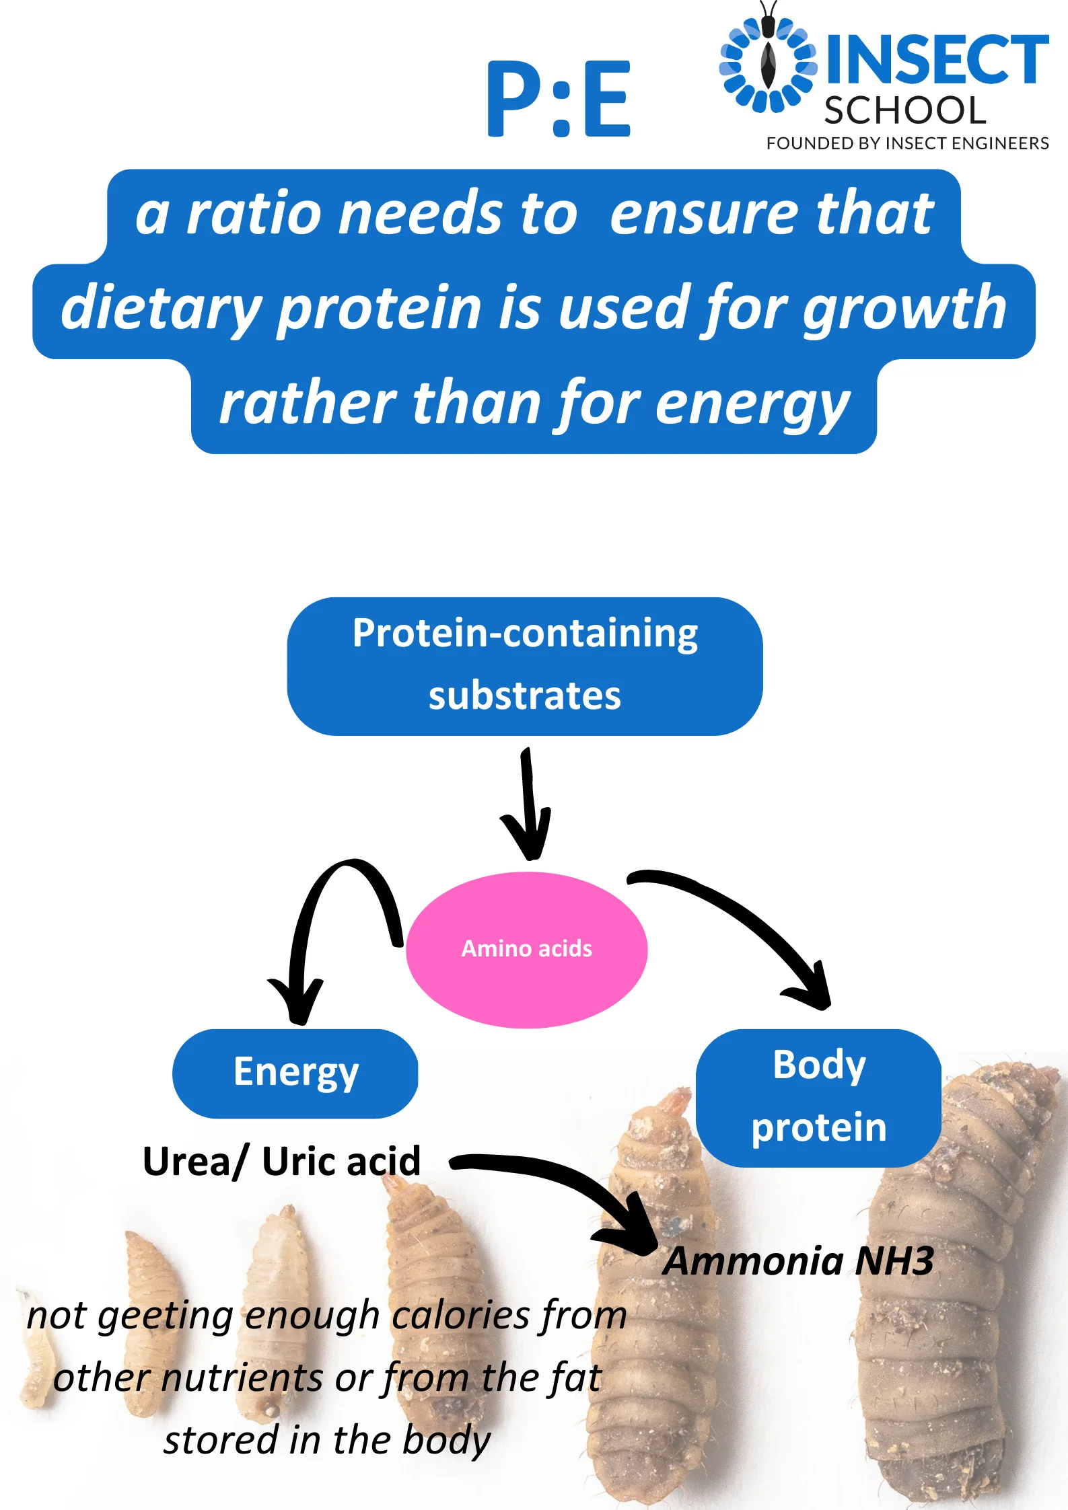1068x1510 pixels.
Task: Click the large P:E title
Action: (x=559, y=99)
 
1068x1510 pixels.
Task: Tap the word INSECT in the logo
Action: (x=937, y=60)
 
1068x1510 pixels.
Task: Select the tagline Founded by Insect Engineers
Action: (x=908, y=143)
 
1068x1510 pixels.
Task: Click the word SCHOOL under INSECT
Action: (x=905, y=110)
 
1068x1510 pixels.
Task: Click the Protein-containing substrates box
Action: (x=525, y=666)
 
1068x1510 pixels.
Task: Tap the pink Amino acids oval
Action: (x=527, y=949)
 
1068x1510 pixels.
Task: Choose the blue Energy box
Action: (x=295, y=1073)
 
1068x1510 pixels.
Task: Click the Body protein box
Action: (x=818, y=1097)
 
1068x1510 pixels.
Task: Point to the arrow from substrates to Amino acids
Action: (x=529, y=804)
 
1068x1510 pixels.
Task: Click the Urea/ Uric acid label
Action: (x=282, y=1162)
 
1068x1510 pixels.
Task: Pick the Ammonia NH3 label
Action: (x=799, y=1261)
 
